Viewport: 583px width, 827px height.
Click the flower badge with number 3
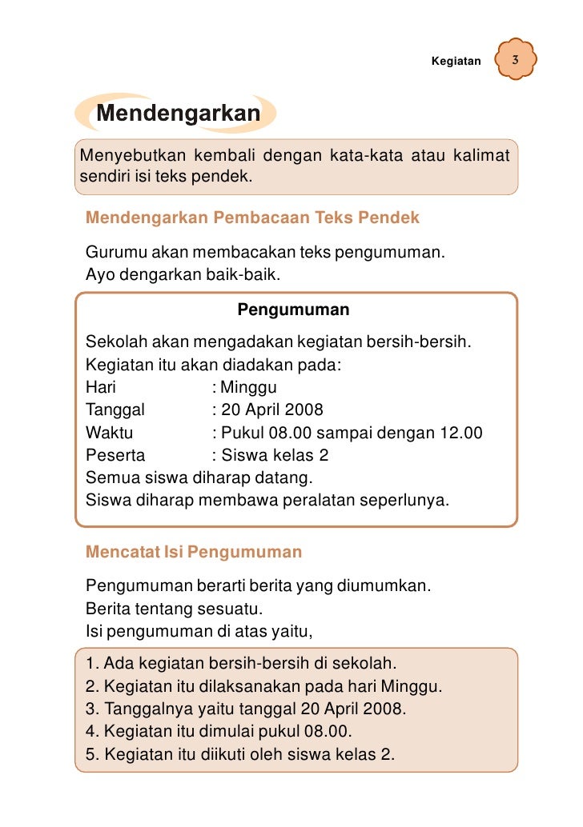pyautogui.click(x=515, y=61)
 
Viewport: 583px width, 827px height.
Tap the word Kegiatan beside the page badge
pyautogui.click(x=456, y=62)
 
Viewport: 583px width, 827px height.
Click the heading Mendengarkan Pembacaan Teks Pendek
pyautogui.click(x=252, y=218)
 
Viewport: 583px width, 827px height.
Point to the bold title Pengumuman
pyautogui.click(x=293, y=309)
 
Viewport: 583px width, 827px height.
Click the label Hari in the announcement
pyautogui.click(x=101, y=388)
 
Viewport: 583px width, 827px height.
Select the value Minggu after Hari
pyautogui.click(x=248, y=388)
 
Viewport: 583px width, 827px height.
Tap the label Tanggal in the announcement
pyautogui.click(x=115, y=410)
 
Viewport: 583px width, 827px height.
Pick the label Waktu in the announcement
pyautogui.click(x=110, y=433)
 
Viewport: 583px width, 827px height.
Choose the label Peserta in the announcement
pyautogui.click(x=115, y=456)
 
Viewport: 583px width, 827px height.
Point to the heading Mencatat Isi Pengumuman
pyautogui.click(x=194, y=552)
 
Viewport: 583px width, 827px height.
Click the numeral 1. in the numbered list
pyautogui.click(x=90, y=664)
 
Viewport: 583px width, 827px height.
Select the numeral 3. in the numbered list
pyautogui.click(x=90, y=709)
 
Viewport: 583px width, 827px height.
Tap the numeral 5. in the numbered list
pyautogui.click(x=90, y=753)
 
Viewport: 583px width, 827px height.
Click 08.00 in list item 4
pyautogui.click(x=330, y=731)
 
